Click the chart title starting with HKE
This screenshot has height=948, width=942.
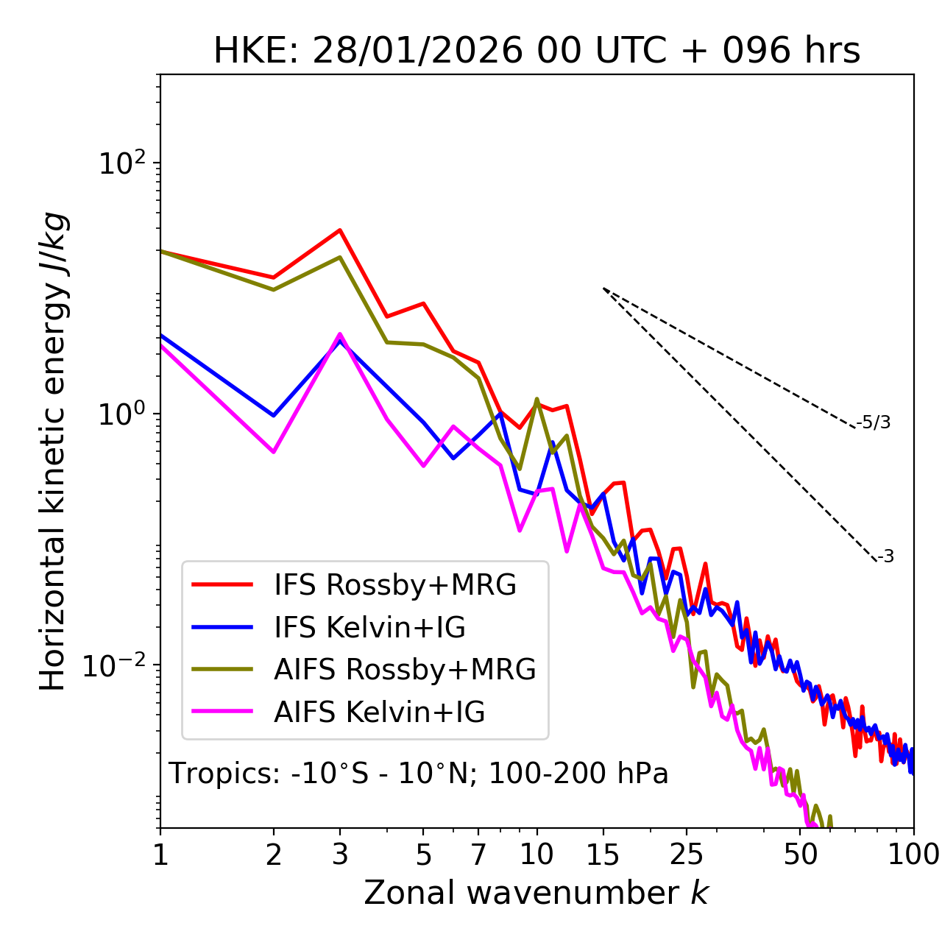point(536,51)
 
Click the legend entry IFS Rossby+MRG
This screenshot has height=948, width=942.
point(394,585)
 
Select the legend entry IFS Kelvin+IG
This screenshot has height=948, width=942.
point(369,628)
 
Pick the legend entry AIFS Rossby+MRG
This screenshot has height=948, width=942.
point(405,670)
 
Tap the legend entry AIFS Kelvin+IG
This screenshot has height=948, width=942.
point(379,712)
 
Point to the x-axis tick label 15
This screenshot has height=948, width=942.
point(603,855)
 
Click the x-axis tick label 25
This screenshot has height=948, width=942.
point(687,855)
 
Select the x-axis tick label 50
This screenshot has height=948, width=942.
point(801,855)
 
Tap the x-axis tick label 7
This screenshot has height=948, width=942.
point(478,855)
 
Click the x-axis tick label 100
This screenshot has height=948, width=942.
point(913,855)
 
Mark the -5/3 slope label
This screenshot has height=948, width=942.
point(874,422)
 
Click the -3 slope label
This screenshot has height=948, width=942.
point(885,557)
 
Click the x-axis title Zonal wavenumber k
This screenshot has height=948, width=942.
point(536,893)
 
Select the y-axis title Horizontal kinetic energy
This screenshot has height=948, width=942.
point(53,452)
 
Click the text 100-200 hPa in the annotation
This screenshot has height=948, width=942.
point(578,774)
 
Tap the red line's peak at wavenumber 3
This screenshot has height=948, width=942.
point(339,230)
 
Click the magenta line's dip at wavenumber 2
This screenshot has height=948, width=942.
point(274,452)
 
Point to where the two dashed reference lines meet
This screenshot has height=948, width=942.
point(603,289)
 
